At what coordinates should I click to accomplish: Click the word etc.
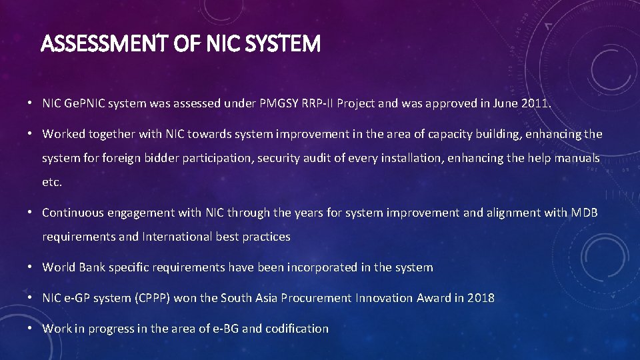click(x=52, y=182)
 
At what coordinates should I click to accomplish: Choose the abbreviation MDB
click(x=585, y=213)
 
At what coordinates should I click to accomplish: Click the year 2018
click(x=481, y=298)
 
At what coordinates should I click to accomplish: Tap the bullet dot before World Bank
click(x=31, y=267)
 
